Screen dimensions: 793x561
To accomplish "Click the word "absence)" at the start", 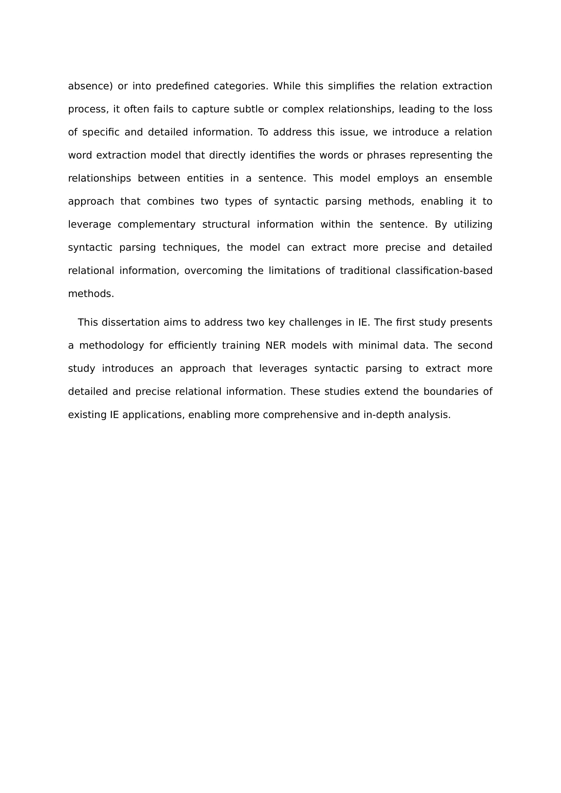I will (x=90, y=86).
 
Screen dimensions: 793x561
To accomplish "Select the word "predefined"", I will (x=182, y=86).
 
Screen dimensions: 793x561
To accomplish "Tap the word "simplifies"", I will (x=351, y=86).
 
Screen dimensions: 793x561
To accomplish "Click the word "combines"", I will (x=170, y=201).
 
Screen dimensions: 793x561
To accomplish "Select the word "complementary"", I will (x=156, y=224).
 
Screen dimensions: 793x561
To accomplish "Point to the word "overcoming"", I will (x=213, y=271).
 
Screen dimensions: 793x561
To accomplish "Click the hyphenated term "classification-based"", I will (x=444, y=271).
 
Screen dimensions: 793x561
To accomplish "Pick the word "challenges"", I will (x=315, y=322).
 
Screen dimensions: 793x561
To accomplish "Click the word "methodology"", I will (x=112, y=346).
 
